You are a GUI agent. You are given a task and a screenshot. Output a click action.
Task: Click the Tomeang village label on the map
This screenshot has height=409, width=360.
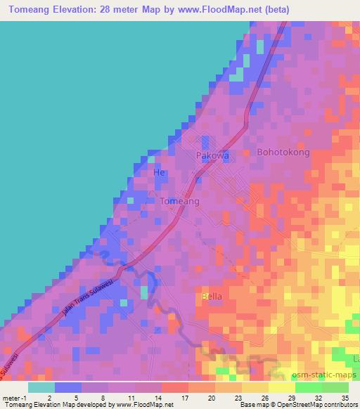[x=180, y=201]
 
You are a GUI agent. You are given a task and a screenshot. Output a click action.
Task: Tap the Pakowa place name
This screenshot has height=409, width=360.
[x=213, y=156]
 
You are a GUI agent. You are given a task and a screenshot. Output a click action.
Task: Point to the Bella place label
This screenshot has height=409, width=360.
[x=212, y=296]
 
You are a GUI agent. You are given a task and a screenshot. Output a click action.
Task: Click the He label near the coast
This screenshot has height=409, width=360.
[x=159, y=172]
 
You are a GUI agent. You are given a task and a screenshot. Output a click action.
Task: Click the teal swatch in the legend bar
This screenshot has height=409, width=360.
[x=41, y=387]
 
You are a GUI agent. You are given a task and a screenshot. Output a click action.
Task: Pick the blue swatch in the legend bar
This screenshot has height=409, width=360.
[x=68, y=387]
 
